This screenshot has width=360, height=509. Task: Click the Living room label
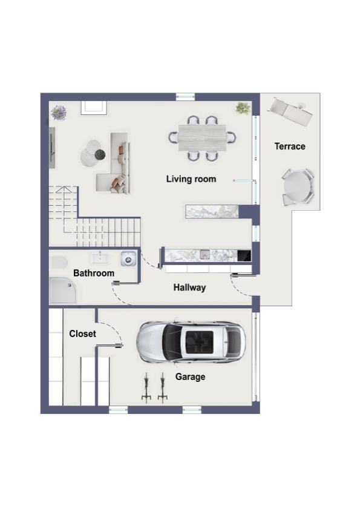(x=191, y=179)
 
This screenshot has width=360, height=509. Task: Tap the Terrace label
(x=290, y=146)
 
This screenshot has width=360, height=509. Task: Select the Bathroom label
(x=94, y=273)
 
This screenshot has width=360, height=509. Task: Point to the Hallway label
(x=189, y=287)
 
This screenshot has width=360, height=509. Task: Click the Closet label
(x=83, y=333)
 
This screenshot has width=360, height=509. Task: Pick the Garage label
(x=190, y=376)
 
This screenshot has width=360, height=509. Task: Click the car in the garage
(x=191, y=342)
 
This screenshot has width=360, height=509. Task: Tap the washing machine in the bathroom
(x=128, y=259)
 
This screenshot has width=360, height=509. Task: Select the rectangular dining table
(x=202, y=138)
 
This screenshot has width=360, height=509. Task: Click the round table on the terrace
(x=297, y=186)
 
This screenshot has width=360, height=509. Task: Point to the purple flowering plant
(x=59, y=113)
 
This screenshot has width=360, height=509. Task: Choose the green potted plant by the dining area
(x=243, y=108)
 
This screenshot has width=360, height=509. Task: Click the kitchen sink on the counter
(x=205, y=254)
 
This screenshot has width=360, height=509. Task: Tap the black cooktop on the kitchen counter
(x=244, y=255)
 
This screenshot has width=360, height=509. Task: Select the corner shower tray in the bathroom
(x=63, y=291)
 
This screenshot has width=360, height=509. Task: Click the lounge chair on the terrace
(x=290, y=111)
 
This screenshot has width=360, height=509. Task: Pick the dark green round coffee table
(x=100, y=154)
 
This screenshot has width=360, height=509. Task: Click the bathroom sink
(x=100, y=258)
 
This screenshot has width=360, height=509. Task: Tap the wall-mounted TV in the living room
(x=51, y=148)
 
